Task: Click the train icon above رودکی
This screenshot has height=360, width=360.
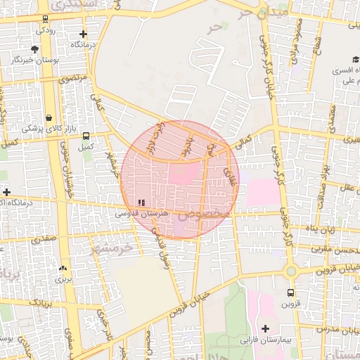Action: pyautogui.click(x=46, y=19)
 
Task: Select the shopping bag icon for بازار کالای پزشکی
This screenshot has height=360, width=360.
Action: pyautogui.click(x=49, y=118)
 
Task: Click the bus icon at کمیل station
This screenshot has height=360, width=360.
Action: pyautogui.click(x=86, y=136)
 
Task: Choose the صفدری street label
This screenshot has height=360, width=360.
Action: pyautogui.click(x=42, y=239)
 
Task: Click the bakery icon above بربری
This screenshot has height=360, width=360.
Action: pyautogui.click(x=63, y=268)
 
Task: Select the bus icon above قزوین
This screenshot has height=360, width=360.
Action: pyautogui.click(x=290, y=293)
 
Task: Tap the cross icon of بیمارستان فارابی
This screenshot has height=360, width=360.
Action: pyautogui.click(x=265, y=328)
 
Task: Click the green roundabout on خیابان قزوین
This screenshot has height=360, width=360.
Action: pyautogui.click(x=290, y=271)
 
